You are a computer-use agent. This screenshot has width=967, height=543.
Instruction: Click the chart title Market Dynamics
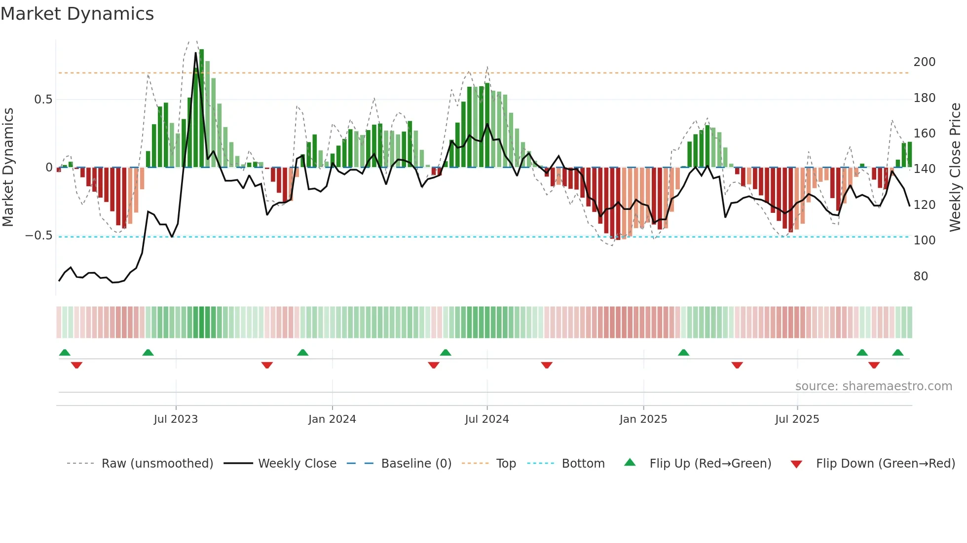(77, 14)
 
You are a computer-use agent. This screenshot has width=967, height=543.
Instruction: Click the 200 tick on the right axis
(924, 62)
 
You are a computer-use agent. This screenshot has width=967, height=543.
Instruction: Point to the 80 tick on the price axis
(921, 276)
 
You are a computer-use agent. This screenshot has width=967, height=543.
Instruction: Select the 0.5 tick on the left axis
(43, 100)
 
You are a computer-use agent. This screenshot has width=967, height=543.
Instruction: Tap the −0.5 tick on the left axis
(39, 236)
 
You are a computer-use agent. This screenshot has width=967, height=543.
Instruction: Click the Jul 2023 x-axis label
(176, 419)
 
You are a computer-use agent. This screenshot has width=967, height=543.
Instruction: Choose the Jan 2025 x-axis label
(643, 419)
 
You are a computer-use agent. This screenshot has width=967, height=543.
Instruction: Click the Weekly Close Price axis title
(955, 168)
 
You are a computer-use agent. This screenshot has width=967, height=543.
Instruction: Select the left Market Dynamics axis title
(8, 168)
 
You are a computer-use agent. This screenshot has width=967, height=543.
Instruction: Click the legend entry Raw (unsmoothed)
(157, 464)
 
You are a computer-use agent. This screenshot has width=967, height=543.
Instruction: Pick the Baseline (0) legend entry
(416, 464)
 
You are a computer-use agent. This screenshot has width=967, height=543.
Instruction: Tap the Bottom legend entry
(583, 464)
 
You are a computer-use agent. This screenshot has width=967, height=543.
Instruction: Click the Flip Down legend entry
(885, 464)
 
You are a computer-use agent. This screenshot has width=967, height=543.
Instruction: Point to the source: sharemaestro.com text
(873, 386)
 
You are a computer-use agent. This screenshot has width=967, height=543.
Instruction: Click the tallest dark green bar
(201, 108)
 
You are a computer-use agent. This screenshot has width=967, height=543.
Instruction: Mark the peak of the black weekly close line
(196, 53)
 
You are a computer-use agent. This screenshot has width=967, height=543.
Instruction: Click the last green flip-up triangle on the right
(897, 353)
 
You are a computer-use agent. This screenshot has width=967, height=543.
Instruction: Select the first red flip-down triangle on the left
(76, 365)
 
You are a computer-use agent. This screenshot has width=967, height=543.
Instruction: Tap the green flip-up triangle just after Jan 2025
(683, 353)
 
